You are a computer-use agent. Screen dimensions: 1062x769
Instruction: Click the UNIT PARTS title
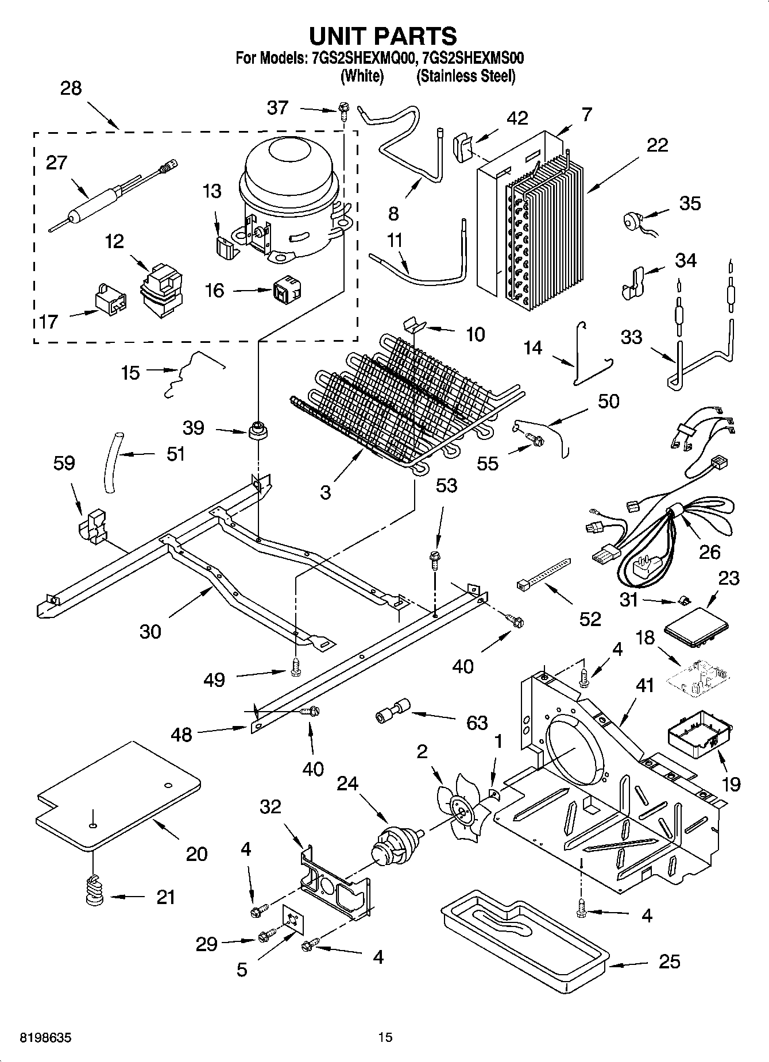tap(383, 36)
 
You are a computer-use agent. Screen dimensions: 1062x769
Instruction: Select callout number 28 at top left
tap(71, 88)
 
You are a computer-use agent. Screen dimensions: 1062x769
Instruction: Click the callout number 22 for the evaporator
tap(656, 145)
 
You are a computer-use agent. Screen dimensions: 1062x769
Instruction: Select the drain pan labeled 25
tap(523, 942)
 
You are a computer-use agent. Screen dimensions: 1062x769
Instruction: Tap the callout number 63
tap(477, 722)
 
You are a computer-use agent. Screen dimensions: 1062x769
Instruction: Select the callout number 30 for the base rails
tap(150, 631)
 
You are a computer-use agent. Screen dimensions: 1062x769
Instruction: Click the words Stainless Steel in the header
tap(465, 76)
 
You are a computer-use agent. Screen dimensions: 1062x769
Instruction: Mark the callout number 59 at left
tap(64, 463)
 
